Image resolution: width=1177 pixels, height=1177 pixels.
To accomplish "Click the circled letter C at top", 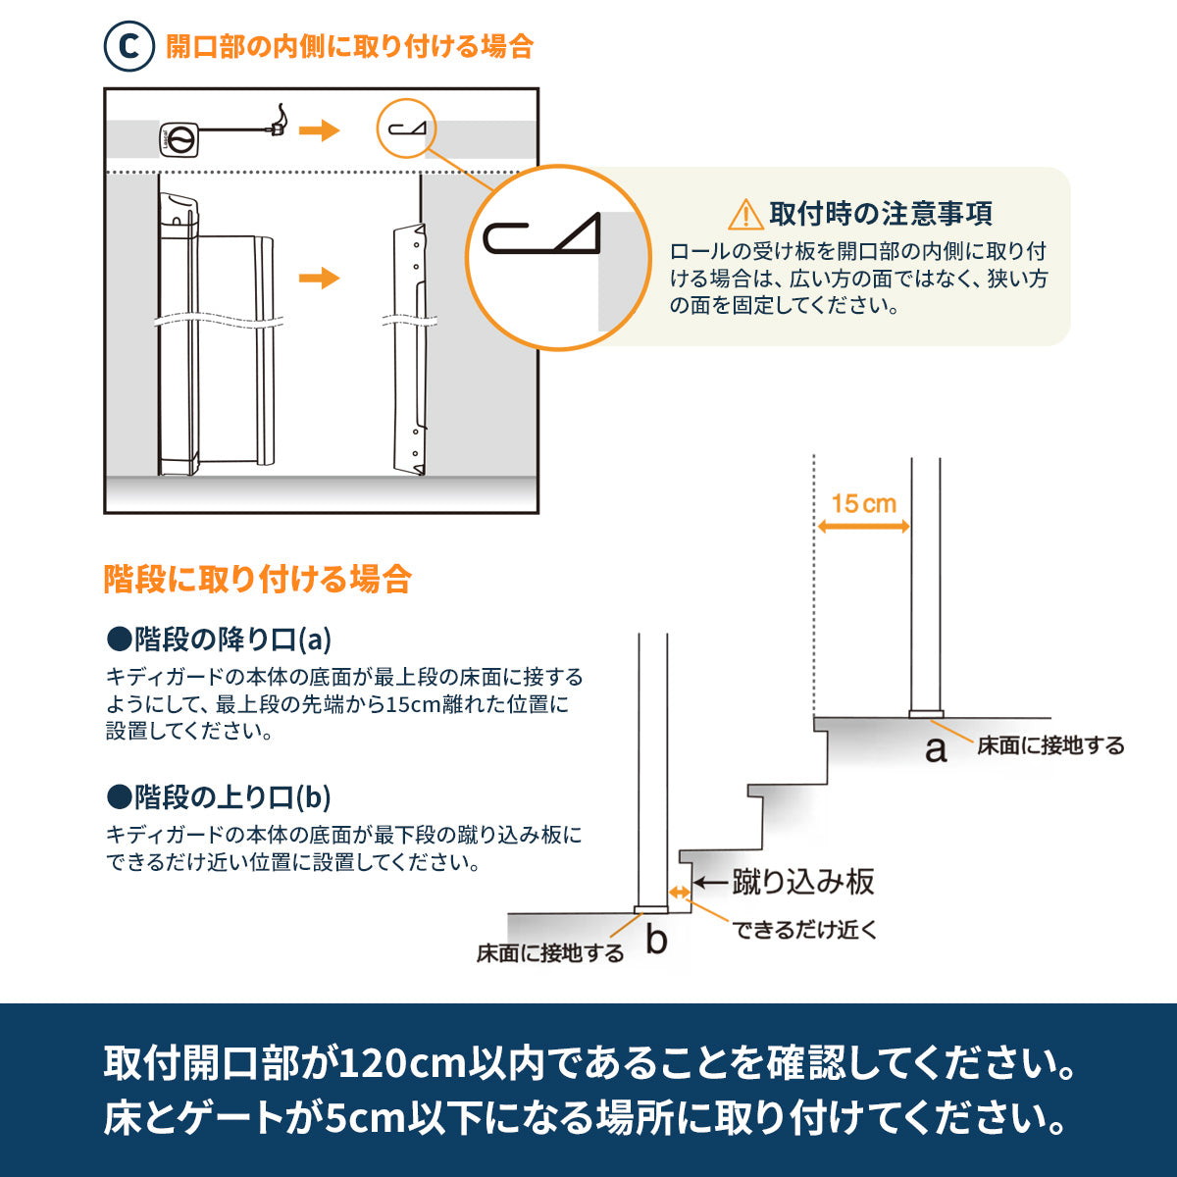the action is pyautogui.click(x=128, y=46).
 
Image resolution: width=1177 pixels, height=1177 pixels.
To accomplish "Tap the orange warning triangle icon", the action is pyautogui.click(x=744, y=215).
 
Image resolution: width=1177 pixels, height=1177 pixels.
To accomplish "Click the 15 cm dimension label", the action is pyautogui.click(x=864, y=504).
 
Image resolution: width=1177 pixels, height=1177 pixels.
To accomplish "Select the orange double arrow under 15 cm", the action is pyautogui.click(x=864, y=527).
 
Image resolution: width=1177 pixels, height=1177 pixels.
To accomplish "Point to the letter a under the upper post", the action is pyautogui.click(x=936, y=750).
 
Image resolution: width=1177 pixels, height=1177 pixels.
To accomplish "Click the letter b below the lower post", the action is pyautogui.click(x=656, y=940).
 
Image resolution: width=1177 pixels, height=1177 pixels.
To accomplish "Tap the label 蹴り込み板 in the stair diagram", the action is pyautogui.click(x=803, y=882).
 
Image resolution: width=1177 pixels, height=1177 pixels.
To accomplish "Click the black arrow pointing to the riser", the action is pyautogui.click(x=711, y=882).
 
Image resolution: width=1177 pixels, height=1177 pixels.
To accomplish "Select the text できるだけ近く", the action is pyautogui.click(x=804, y=930).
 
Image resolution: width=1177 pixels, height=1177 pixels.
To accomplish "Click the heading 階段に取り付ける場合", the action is pyautogui.click(x=258, y=579).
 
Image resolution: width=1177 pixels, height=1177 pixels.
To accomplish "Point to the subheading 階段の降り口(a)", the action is pyautogui.click(x=220, y=640).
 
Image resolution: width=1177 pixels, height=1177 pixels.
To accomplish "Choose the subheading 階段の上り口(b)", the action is pyautogui.click(x=220, y=797).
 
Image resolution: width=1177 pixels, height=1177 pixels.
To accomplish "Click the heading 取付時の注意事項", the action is pyautogui.click(x=881, y=214).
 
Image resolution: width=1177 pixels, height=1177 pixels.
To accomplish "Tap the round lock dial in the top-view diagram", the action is pyautogui.click(x=179, y=140).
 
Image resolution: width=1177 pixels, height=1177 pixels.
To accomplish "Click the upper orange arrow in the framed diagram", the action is pyautogui.click(x=320, y=130).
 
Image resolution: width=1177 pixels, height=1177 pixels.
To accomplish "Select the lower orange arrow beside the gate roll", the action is pyautogui.click(x=320, y=278).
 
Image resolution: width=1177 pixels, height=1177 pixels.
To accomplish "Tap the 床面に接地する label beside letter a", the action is pyautogui.click(x=1050, y=745).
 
